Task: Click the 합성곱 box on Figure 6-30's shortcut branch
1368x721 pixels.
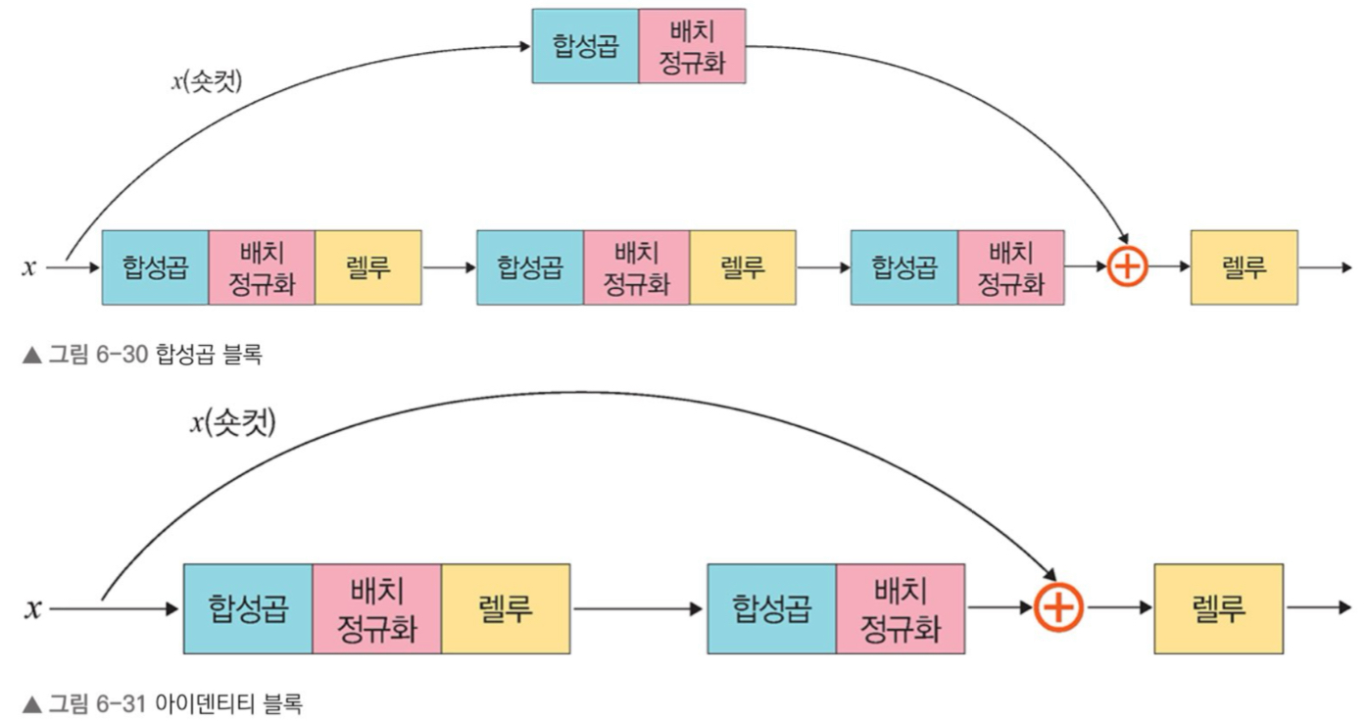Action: [585, 46]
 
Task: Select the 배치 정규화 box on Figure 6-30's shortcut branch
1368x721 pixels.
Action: [692, 46]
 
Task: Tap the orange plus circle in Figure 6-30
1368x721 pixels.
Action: [1127, 266]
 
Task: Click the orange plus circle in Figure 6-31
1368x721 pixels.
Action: [1059, 608]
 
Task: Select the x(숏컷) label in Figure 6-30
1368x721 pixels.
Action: [206, 79]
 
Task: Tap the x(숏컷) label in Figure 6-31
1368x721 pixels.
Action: [232, 422]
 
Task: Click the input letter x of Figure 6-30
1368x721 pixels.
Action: [28, 266]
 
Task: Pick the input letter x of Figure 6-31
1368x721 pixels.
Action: [33, 608]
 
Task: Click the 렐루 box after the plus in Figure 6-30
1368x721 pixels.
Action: [1244, 266]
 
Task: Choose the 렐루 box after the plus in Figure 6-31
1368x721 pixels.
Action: [1218, 608]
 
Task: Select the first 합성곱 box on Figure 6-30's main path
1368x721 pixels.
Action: [155, 266]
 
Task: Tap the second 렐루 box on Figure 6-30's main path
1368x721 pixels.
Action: [742, 266]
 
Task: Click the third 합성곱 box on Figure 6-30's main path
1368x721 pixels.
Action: [904, 266]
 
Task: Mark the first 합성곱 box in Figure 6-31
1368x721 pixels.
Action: [247, 608]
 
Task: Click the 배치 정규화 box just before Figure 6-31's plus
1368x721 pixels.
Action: [901, 608]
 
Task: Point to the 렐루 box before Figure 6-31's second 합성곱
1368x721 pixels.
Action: [505, 608]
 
